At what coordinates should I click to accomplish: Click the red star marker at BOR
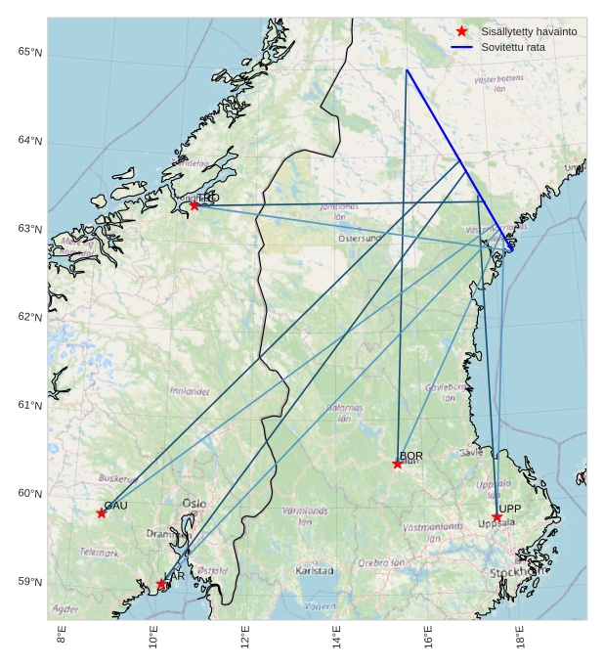pos(398,464)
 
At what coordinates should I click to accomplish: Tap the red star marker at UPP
pos(496,516)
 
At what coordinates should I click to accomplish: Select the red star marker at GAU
pos(102,513)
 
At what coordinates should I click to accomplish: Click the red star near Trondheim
pos(194,205)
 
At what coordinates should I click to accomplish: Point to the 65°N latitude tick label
pos(29,52)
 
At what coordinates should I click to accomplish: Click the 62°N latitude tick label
pos(29,317)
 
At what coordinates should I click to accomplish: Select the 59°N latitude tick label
pos(29,582)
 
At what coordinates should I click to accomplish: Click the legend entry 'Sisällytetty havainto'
pos(529,31)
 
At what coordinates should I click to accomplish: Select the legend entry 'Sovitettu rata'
pos(512,47)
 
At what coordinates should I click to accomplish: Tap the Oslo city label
pos(194,504)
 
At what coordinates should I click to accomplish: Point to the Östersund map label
pos(360,239)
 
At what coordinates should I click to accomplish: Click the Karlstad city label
pos(315,570)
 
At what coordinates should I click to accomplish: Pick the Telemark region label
pos(100,553)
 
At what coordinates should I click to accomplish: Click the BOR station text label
pos(411,456)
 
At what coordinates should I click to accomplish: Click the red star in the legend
pos(462,31)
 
